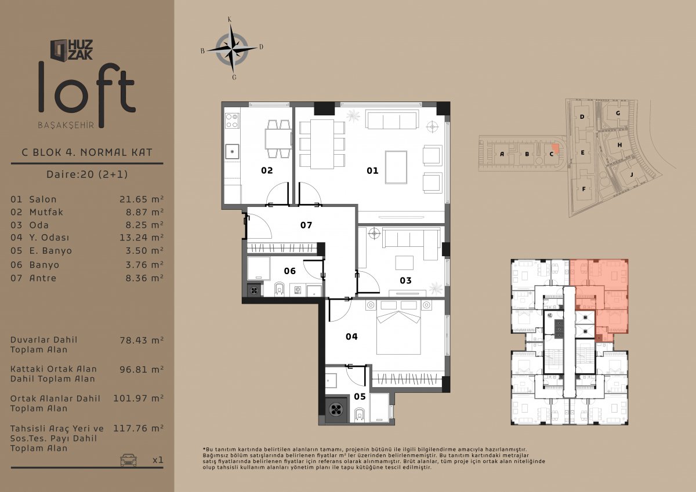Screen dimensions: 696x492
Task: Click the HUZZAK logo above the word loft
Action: point(71,50)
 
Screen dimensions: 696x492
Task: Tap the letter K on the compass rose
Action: point(230,20)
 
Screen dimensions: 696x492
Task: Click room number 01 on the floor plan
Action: point(372,170)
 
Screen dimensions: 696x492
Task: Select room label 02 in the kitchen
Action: point(267,170)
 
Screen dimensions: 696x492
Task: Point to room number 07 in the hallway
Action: point(306,225)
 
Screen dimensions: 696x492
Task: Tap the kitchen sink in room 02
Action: point(232,151)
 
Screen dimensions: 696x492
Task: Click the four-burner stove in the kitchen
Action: point(232,121)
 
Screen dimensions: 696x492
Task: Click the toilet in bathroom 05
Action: point(360,415)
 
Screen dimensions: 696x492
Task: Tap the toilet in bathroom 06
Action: point(280,289)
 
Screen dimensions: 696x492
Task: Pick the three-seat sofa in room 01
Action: point(391,119)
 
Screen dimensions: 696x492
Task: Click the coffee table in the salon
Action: point(396,167)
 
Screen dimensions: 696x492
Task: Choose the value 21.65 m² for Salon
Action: point(142,199)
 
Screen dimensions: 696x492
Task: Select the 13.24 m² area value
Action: point(142,238)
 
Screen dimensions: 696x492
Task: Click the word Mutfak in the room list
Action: point(46,212)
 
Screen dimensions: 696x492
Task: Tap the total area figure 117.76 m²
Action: point(138,428)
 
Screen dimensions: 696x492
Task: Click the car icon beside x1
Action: point(128,460)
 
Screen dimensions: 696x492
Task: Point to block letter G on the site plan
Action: point(618,114)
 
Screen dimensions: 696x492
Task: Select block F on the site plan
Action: point(583,189)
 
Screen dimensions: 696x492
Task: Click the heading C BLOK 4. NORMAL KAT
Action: point(87,152)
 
